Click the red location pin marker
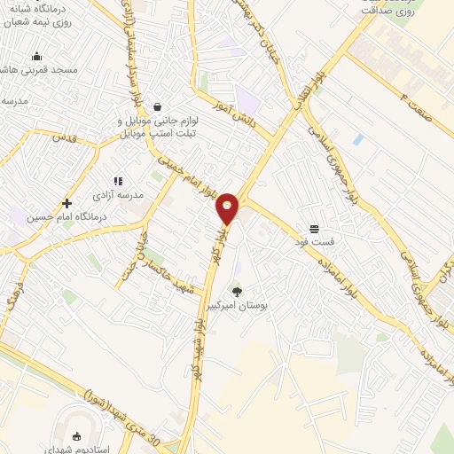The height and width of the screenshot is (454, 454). (x=228, y=207)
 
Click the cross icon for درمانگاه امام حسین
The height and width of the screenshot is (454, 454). (x=67, y=203)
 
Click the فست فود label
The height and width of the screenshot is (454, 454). (x=315, y=241)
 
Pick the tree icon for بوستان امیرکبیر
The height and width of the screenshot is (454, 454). (x=237, y=291)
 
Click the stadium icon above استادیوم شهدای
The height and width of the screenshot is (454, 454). (x=76, y=435)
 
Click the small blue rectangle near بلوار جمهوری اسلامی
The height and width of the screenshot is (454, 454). (x=357, y=140)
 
